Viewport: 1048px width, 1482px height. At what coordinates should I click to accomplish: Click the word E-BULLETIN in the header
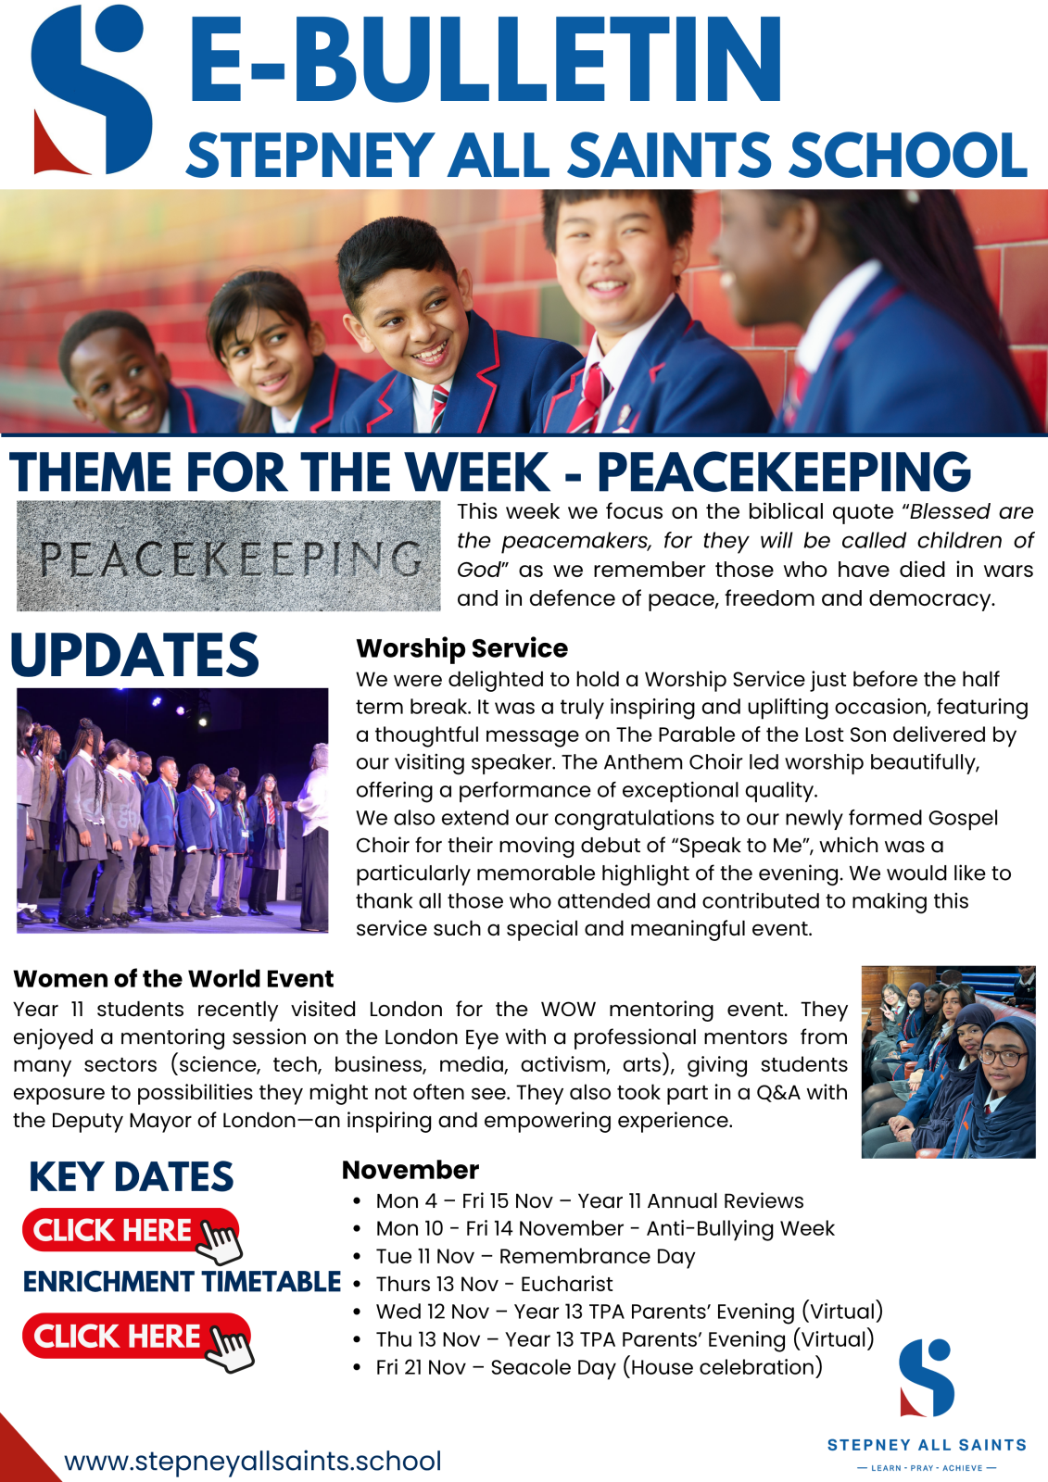486,59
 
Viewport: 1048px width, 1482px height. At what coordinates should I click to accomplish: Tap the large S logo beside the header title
91,89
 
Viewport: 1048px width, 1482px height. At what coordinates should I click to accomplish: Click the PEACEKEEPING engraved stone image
228,556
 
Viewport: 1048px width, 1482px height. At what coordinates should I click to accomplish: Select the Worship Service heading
461,648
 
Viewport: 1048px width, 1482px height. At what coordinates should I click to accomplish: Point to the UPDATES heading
135,656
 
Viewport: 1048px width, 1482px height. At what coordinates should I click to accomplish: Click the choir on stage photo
172,810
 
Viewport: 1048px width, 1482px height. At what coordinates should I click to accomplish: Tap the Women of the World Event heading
173,979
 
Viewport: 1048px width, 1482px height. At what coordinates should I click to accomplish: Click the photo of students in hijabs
948,1061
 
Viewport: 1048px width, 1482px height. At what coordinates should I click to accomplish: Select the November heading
410,1170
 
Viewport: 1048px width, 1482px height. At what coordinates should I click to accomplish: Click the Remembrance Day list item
535,1256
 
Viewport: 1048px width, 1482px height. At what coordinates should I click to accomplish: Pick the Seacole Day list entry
599,1367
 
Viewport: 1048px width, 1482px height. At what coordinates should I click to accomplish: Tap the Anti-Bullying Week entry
605,1228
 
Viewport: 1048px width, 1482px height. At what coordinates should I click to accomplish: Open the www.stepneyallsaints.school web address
252,1461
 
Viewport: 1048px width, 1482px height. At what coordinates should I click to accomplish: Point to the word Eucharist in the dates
566,1284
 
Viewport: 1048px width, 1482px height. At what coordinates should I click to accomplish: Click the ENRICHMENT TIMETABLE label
182,1282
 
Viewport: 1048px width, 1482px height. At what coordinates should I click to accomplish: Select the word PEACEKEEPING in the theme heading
783,472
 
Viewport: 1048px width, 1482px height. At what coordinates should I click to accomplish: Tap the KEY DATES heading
131,1177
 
